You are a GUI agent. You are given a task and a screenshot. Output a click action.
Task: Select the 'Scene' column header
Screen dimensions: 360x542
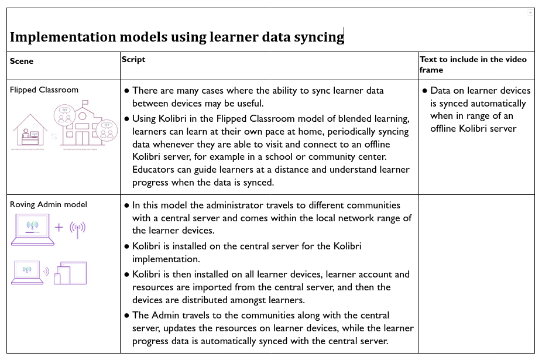pyautogui.click(x=22, y=61)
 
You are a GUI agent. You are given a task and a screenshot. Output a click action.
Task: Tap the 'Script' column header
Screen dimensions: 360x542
pyautogui.click(x=133, y=60)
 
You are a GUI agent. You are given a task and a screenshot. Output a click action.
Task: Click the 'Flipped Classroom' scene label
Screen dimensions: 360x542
pyautogui.click(x=44, y=90)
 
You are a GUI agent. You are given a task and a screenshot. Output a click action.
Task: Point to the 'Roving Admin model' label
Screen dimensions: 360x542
pyautogui.click(x=49, y=204)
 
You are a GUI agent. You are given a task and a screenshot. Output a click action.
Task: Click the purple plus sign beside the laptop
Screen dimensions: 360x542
pyautogui.click(x=59, y=228)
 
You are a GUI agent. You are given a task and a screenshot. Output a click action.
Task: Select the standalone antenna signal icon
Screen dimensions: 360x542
pyautogui.click(x=78, y=228)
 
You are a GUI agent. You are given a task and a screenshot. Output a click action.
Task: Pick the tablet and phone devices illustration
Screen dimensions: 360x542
pyautogui.click(x=70, y=273)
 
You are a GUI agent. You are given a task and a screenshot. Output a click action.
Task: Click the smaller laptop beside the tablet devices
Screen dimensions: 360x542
pyautogui.click(x=27, y=272)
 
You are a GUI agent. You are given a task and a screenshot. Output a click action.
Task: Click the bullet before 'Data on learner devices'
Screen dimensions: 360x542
pyautogui.click(x=425, y=91)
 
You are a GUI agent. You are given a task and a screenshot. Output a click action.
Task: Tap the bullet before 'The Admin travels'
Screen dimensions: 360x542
pyautogui.click(x=126, y=315)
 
